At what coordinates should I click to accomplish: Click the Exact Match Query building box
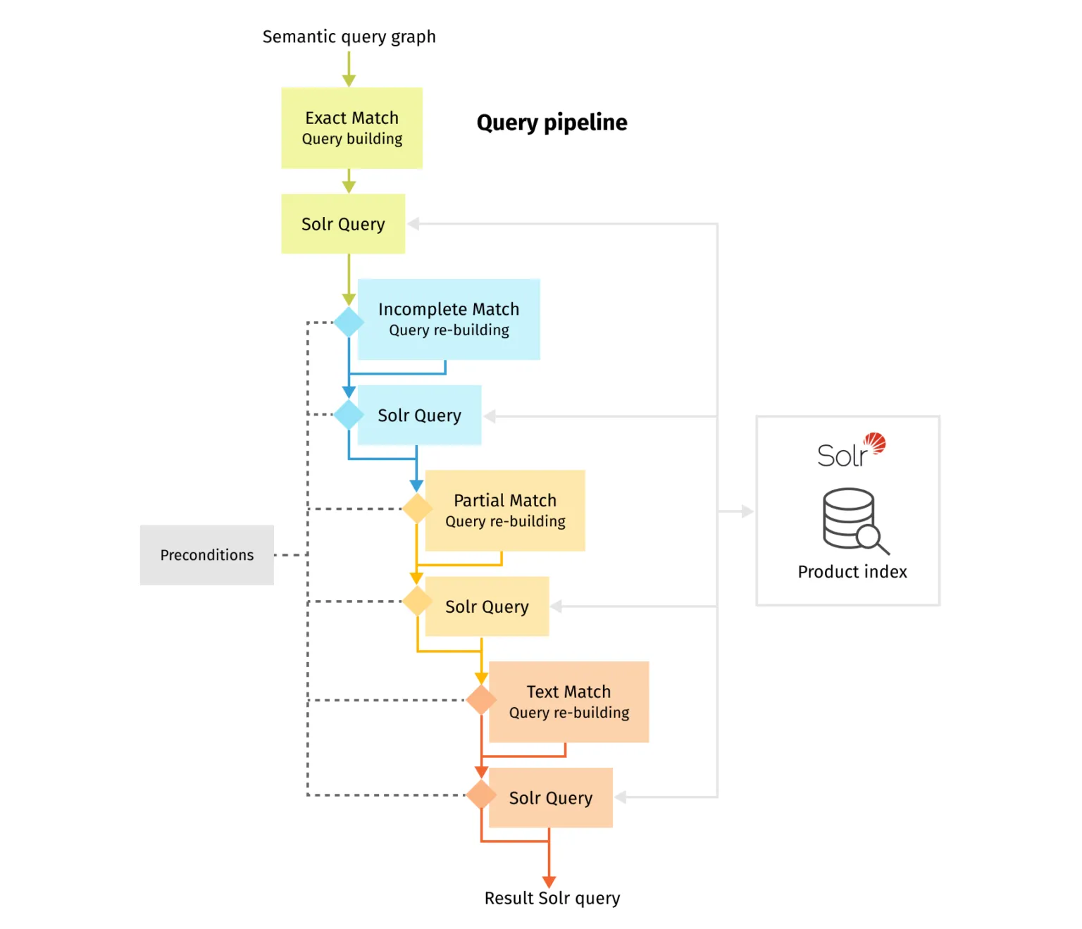(352, 128)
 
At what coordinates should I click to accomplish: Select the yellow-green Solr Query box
(343, 224)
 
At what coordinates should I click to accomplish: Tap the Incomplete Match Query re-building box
(449, 319)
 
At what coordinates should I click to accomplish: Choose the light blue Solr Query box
(419, 416)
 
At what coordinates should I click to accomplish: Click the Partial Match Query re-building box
(505, 511)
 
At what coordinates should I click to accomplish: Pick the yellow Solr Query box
(487, 606)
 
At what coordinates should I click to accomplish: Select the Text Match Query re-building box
(568, 702)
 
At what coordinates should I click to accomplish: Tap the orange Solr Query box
(550, 797)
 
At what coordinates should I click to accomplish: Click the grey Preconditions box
(206, 555)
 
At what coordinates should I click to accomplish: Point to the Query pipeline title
(552, 123)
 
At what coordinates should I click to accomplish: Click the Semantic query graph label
(349, 37)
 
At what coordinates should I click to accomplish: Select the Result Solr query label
(552, 898)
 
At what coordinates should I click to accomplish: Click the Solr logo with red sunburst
(851, 451)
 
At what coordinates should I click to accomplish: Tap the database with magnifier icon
(854, 520)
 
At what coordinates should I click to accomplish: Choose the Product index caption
(852, 572)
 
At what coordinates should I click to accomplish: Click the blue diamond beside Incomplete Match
(349, 323)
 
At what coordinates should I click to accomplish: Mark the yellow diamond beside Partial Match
(417, 509)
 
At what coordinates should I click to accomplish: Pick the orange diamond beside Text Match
(481, 700)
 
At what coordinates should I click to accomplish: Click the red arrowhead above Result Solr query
(549, 882)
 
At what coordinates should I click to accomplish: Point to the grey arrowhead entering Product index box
(747, 511)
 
